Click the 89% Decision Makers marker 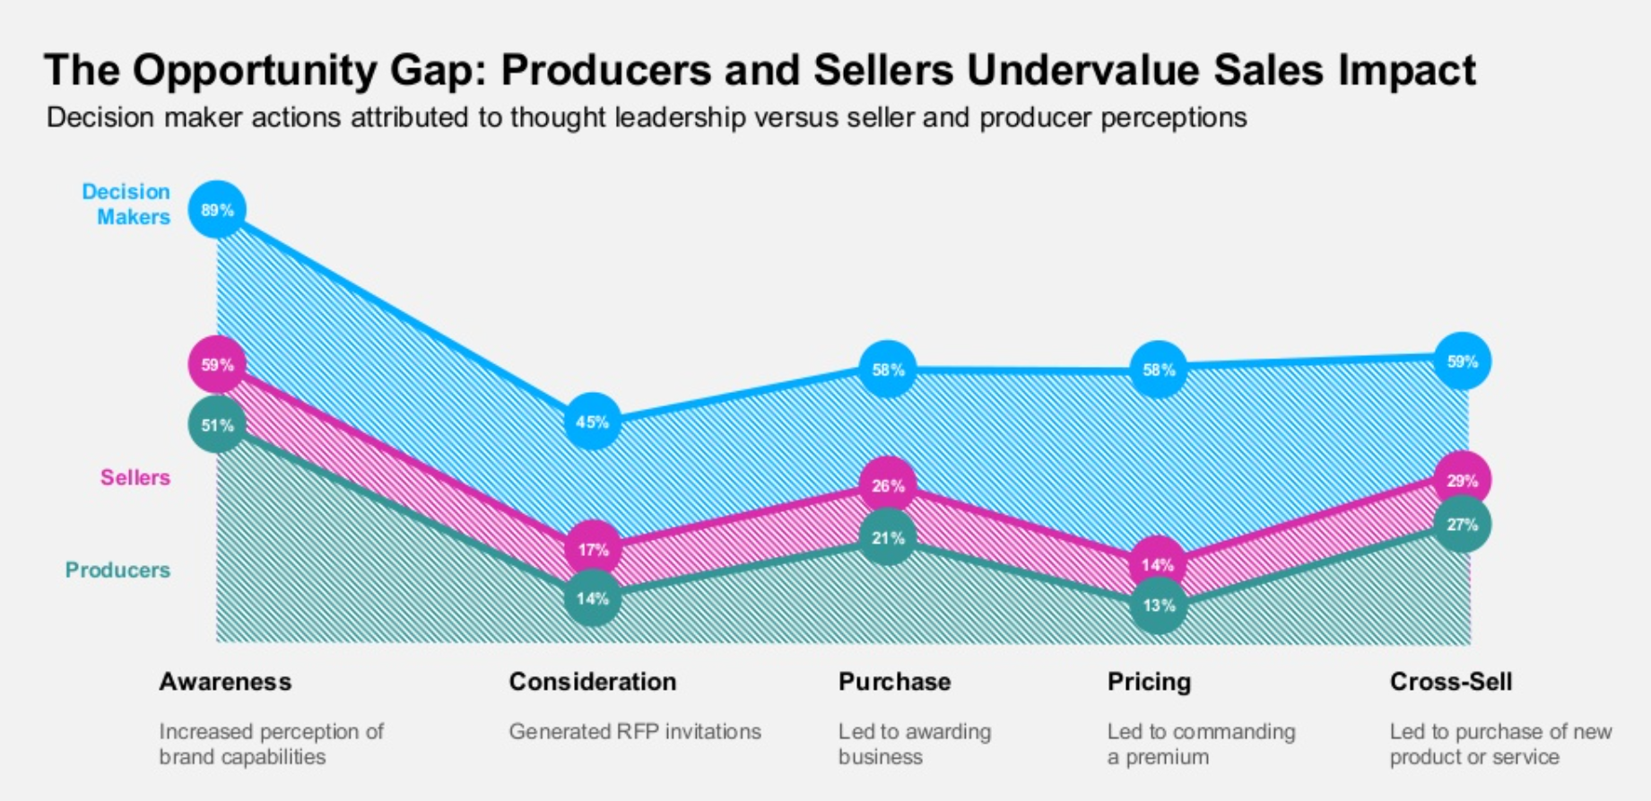tap(217, 210)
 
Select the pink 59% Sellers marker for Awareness tap(217, 365)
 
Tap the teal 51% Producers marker tap(217, 425)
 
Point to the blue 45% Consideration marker tap(593, 422)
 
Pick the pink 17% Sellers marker tap(593, 549)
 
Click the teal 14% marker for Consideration tap(593, 598)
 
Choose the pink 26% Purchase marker tap(888, 485)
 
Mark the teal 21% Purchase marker tap(888, 538)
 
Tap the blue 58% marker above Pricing tap(1158, 370)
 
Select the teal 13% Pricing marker tap(1158, 605)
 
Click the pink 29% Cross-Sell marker tap(1462, 481)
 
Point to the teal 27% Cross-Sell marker tap(1462, 525)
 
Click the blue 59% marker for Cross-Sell tap(1462, 361)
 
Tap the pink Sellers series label tap(135, 477)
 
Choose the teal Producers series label tap(117, 570)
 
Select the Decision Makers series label tap(127, 204)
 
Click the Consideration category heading tap(593, 682)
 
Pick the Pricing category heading tap(1149, 682)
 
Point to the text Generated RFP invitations tap(635, 731)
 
